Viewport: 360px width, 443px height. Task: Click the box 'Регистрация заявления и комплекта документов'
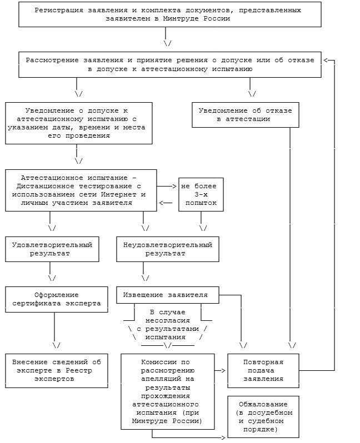click(170, 14)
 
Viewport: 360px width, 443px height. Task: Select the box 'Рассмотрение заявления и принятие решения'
click(170, 65)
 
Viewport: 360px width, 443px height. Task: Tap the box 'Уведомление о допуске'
click(79, 123)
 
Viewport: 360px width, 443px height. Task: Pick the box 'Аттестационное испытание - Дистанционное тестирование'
click(82, 191)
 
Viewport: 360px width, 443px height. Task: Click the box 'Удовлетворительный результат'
click(52, 249)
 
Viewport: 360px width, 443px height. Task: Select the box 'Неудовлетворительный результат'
click(167, 249)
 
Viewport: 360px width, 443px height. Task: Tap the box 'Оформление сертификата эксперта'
click(56, 299)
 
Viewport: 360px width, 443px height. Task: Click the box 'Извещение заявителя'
click(167, 295)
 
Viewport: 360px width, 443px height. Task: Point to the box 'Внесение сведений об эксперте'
click(56, 370)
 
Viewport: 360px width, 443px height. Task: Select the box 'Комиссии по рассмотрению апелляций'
click(167, 391)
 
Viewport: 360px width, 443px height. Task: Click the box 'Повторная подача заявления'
click(263, 370)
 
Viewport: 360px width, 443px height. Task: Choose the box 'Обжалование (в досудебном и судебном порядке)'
click(263, 417)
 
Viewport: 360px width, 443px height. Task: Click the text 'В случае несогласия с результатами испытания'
click(167, 325)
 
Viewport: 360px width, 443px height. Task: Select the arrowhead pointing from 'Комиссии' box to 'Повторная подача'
click(223, 370)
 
